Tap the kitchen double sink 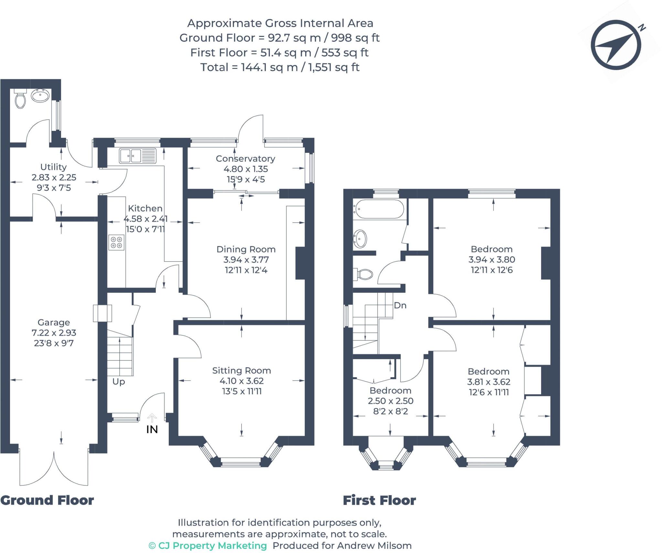137,156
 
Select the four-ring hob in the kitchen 116,243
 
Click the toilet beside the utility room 20,99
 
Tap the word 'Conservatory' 245,159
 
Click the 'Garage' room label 54,322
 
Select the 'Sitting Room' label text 241,370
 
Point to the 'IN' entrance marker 152,430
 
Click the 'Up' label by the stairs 119,382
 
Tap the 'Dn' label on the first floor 400,305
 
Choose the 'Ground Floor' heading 47,500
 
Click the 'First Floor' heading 379,500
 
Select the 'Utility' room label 53,167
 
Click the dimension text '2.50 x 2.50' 390,401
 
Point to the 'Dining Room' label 246,249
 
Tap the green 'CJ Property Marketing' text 208,546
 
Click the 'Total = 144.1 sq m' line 280,67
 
